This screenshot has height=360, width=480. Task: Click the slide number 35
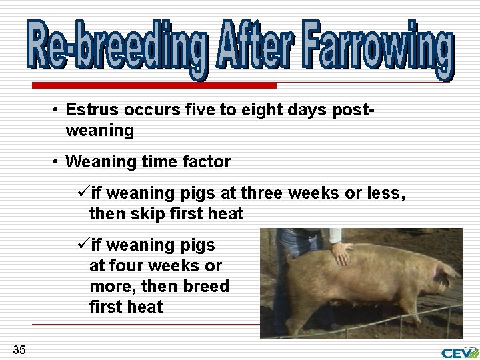(19, 349)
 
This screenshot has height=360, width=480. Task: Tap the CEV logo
(459, 351)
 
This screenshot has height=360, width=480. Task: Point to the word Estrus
(92, 110)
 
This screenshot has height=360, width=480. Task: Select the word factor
(207, 161)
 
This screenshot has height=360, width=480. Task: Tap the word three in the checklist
(263, 194)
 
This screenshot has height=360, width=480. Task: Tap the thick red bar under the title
(154, 85)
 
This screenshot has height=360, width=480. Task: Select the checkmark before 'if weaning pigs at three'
(83, 194)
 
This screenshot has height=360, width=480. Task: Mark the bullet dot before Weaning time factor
(57, 162)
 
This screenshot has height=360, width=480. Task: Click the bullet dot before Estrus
(57, 111)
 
